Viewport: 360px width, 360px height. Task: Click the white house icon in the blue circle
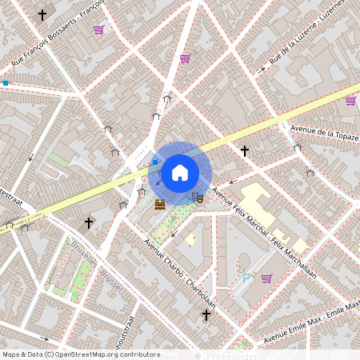click(180, 171)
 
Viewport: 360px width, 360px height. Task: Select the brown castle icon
click(160, 203)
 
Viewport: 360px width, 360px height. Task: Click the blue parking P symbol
click(246, 277)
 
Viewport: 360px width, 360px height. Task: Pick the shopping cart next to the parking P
click(266, 278)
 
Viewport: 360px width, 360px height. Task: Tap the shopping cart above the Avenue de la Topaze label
click(350, 101)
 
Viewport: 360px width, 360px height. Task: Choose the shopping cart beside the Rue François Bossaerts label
click(98, 30)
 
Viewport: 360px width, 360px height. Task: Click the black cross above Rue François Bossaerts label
click(42, 15)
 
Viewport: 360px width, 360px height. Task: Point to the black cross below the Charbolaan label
click(206, 315)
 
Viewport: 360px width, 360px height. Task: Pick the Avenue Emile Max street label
click(312, 321)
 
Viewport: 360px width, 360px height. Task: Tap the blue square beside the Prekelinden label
click(197, 355)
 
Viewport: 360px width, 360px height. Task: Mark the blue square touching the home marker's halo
click(155, 162)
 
